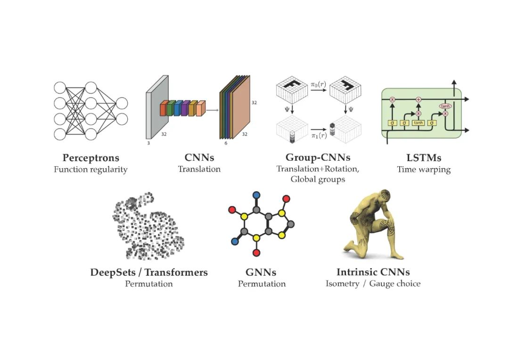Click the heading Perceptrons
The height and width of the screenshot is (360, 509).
90,158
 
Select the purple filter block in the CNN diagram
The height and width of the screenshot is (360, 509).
185,108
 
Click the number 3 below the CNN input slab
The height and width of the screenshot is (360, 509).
148,142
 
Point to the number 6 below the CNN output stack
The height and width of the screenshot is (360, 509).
226,143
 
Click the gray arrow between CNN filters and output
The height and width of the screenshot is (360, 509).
212,110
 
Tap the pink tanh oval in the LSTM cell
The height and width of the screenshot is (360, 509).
445,106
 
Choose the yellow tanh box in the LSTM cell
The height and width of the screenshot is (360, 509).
418,123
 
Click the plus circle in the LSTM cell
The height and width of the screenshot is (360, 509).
418,100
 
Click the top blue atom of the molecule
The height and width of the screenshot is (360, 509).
256,195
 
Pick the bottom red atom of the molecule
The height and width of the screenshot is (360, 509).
256,253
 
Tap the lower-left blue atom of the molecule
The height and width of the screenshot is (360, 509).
234,242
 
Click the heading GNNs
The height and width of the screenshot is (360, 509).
261,272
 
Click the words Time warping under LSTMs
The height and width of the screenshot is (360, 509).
424,170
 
